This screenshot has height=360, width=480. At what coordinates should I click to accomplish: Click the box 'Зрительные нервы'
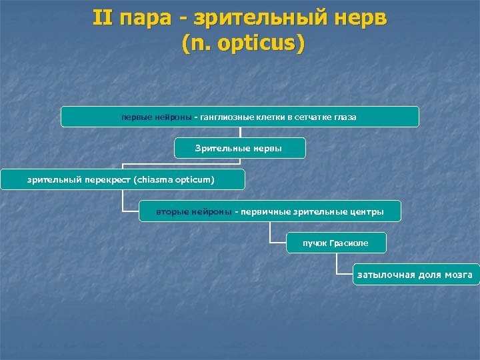tap(239, 148)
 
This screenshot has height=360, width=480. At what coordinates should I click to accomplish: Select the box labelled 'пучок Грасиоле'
tap(335, 243)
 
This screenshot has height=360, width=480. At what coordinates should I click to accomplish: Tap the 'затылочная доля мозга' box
tap(415, 275)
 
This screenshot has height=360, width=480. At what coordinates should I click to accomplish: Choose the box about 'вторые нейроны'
tap(270, 212)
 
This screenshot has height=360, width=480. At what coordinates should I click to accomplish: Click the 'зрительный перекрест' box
tap(122, 179)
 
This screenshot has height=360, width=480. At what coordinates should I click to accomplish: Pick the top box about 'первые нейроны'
tap(239, 117)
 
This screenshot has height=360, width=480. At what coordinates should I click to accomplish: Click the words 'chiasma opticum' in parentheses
tap(175, 179)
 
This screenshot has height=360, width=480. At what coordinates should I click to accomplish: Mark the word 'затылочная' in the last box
tap(385, 275)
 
